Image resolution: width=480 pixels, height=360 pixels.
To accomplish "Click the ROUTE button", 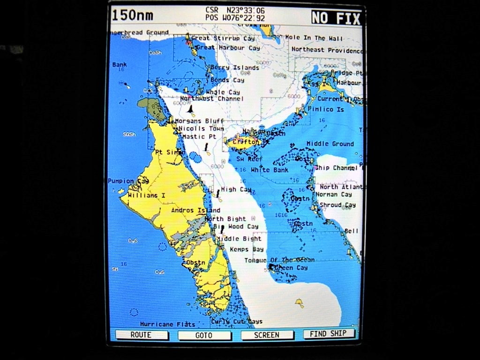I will point(141,335).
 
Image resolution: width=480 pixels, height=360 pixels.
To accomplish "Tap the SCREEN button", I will point(267,335).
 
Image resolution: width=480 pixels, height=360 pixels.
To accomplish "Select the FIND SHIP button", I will point(329,334).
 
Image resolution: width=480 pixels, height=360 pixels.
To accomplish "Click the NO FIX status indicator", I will point(336,18).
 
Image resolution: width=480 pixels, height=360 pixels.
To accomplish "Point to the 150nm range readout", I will point(133,15).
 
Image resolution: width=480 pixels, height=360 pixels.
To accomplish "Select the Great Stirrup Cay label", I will point(223,38).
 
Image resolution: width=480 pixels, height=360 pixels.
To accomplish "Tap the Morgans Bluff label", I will point(199,121).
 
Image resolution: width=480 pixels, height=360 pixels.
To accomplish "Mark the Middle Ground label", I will point(330,144).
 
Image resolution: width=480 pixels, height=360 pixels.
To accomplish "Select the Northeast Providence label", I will point(327,50).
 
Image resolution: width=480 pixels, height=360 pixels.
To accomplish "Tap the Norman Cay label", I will point(333,195).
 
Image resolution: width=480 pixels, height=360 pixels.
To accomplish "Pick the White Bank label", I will point(270,170).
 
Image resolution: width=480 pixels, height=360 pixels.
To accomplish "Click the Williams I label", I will point(147,195).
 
